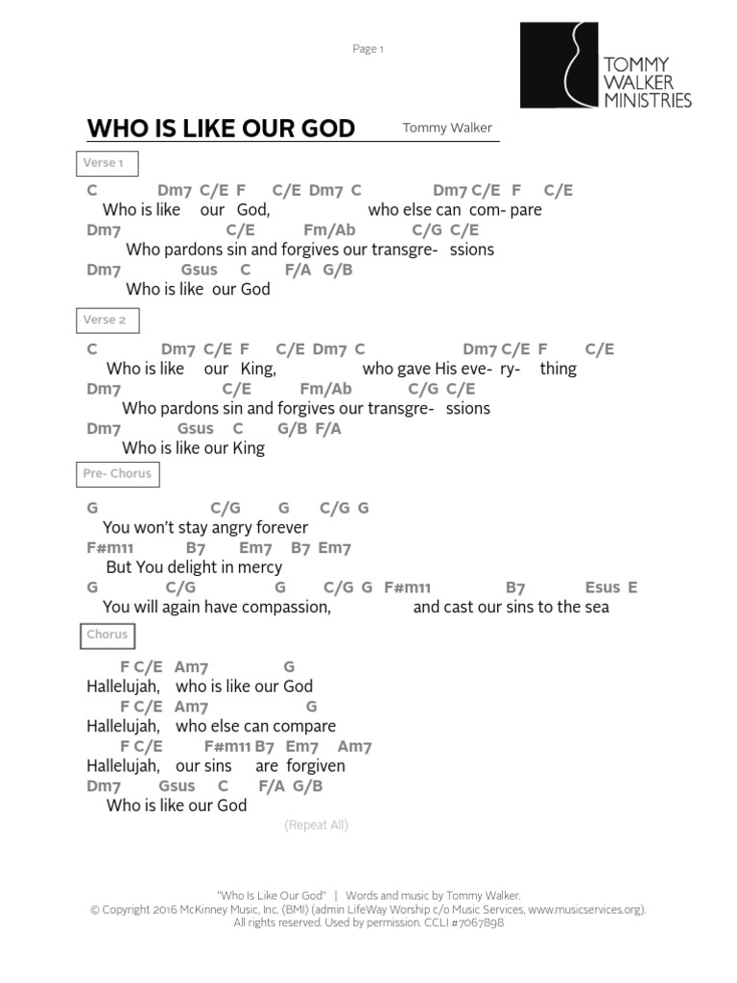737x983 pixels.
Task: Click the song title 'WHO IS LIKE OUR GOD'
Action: tap(221, 129)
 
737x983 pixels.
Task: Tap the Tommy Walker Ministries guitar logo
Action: tap(559, 65)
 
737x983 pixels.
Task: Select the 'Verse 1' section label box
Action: tap(107, 163)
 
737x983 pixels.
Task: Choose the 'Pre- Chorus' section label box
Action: tap(116, 474)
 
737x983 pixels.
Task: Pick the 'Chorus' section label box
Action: tap(107, 635)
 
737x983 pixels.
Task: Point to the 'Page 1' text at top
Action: tap(368, 49)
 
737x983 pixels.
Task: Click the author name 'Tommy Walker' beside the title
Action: tap(447, 128)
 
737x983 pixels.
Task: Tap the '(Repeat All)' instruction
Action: tap(316, 825)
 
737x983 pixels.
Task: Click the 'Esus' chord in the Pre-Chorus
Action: tap(602, 587)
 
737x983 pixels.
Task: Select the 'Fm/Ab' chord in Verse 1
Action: tap(329, 230)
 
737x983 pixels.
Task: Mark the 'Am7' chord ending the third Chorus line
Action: tap(354, 747)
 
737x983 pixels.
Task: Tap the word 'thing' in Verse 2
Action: tap(559, 369)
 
